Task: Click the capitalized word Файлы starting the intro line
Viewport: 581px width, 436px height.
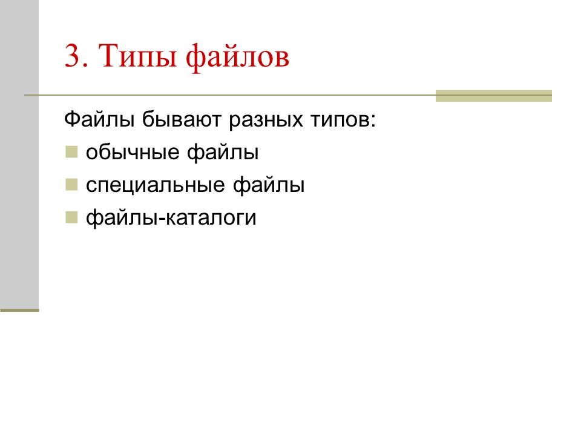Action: (x=100, y=120)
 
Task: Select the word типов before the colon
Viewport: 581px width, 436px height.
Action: (x=338, y=120)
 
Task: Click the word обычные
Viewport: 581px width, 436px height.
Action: (x=133, y=153)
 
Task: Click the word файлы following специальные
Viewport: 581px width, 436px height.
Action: (x=268, y=185)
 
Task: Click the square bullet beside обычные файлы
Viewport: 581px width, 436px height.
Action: (x=71, y=151)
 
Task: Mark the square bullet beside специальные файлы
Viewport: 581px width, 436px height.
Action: (x=71, y=183)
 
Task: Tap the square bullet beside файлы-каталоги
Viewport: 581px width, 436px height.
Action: (x=71, y=216)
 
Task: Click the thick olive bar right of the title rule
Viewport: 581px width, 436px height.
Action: (x=493, y=96)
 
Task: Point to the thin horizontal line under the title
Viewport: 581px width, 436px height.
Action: (x=230, y=95)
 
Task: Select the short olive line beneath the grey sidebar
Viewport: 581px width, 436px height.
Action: (x=19, y=310)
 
